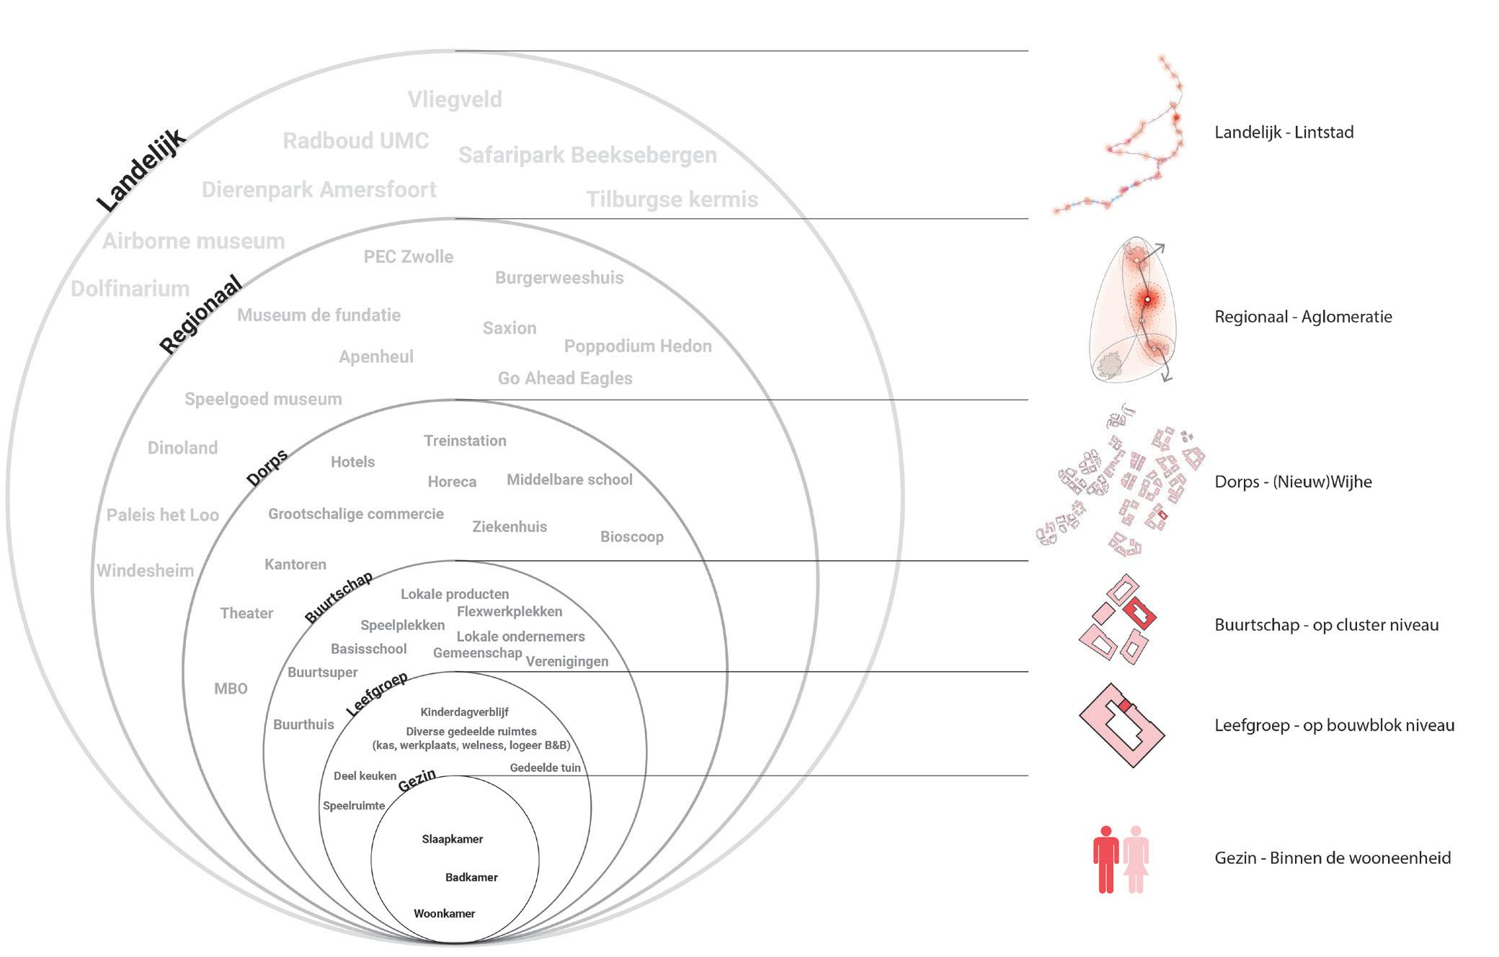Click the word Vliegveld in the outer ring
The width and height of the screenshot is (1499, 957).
coord(455,99)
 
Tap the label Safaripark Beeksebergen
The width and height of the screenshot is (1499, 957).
coord(587,155)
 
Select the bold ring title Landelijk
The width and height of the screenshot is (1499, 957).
coord(141,170)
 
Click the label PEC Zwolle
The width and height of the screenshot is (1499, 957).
coord(408,257)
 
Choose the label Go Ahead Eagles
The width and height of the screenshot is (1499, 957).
coord(565,378)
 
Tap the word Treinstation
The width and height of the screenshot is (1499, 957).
coord(465,441)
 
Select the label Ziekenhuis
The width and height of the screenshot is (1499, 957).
coord(510,526)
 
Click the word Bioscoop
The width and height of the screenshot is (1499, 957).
coord(631,536)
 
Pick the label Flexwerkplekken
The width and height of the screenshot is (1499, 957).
coord(510,611)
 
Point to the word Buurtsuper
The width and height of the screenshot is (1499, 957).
coord(322,672)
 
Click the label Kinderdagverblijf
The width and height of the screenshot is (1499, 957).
coord(464,712)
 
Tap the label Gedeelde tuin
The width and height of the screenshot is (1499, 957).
coord(545,768)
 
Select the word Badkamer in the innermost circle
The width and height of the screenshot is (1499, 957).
coord(471,877)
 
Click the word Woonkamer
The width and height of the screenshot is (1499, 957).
coord(444,914)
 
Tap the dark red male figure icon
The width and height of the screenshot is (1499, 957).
coord(1106,858)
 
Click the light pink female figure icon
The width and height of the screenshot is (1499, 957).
coord(1137,858)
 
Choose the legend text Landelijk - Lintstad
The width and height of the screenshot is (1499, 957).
coord(1284,132)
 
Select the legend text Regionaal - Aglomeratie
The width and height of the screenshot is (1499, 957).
coord(1303,317)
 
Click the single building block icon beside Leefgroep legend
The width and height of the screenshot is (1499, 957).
coord(1121,726)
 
